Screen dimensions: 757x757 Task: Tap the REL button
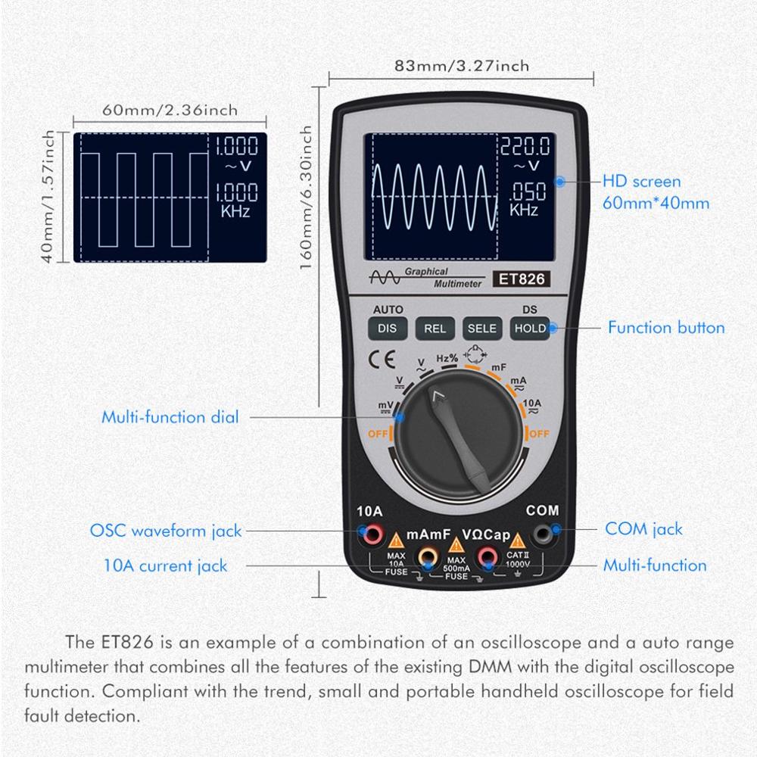[435, 328]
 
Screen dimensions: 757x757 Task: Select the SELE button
[481, 328]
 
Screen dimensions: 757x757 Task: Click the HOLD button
[529, 328]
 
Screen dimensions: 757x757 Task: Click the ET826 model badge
[520, 279]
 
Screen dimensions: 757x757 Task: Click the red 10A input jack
[372, 536]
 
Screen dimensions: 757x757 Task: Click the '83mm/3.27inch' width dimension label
[462, 66]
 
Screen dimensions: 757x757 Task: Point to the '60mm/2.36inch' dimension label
[170, 110]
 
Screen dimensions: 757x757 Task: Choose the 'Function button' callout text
[666, 328]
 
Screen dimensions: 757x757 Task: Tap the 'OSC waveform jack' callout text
[166, 531]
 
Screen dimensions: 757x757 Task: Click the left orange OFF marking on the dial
[378, 434]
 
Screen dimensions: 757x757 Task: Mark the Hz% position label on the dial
[447, 357]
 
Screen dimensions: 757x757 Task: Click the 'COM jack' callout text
[643, 529]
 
